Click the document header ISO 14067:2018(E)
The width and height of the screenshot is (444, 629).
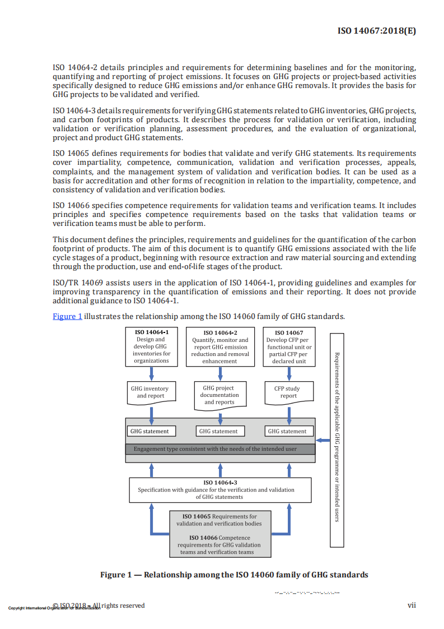coord(377,31)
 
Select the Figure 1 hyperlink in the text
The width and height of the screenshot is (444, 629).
coord(67,316)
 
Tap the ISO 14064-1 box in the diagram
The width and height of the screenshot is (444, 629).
coord(151,346)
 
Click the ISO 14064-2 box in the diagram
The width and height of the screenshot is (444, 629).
coord(220,346)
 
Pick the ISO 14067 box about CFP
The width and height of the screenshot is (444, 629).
coord(289,346)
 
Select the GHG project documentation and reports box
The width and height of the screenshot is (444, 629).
coord(220,395)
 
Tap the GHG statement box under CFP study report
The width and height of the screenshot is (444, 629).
coord(287,431)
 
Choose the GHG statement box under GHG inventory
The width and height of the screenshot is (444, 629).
coord(149,431)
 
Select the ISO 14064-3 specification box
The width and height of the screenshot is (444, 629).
coord(220,489)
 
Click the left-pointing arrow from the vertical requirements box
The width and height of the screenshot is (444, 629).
coord(323,440)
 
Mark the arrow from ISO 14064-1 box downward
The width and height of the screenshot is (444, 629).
coord(151,374)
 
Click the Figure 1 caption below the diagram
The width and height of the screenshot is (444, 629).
coord(234,575)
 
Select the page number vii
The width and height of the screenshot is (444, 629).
coord(411,605)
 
